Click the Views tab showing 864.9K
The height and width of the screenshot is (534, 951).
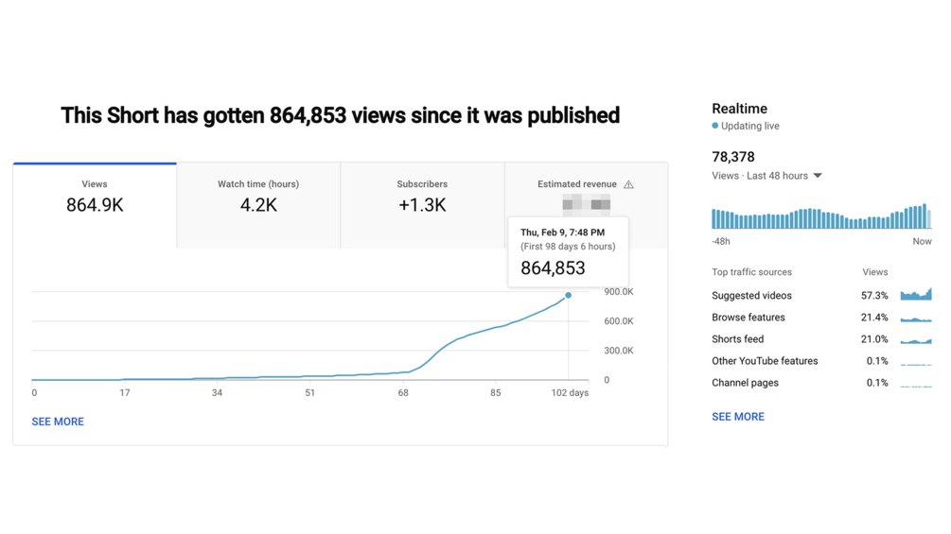(x=95, y=197)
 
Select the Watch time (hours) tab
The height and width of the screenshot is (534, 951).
(x=258, y=197)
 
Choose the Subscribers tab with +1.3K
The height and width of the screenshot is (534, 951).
(x=422, y=197)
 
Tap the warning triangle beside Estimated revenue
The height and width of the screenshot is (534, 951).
(x=628, y=184)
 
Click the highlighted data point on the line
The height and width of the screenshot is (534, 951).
(x=569, y=296)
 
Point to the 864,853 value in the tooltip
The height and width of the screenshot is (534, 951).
(x=553, y=268)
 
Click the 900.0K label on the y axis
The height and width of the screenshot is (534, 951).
(x=619, y=292)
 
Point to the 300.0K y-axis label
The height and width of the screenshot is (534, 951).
(x=619, y=351)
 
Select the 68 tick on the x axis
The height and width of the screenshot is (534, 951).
(x=403, y=392)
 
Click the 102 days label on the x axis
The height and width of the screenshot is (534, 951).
(x=570, y=392)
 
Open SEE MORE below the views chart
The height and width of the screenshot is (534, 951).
(x=58, y=422)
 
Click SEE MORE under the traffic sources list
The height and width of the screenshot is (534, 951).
(x=738, y=416)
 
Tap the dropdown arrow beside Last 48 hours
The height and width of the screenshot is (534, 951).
(x=818, y=176)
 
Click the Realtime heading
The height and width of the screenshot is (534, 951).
(x=739, y=109)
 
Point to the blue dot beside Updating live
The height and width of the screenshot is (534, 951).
(x=715, y=126)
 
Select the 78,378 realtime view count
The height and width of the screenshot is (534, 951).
(x=733, y=157)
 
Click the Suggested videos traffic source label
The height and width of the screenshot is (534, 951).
(x=751, y=296)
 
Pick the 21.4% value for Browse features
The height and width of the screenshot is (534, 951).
(x=874, y=318)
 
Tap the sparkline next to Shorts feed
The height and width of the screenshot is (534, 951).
(x=916, y=339)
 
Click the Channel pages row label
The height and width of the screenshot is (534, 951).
(x=745, y=383)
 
